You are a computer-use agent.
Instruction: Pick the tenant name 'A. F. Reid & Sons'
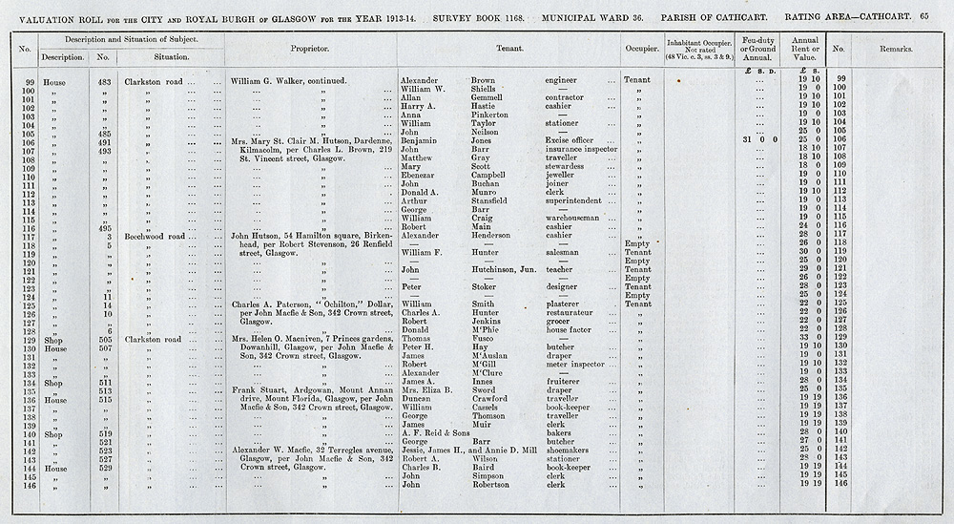click(x=440, y=433)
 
